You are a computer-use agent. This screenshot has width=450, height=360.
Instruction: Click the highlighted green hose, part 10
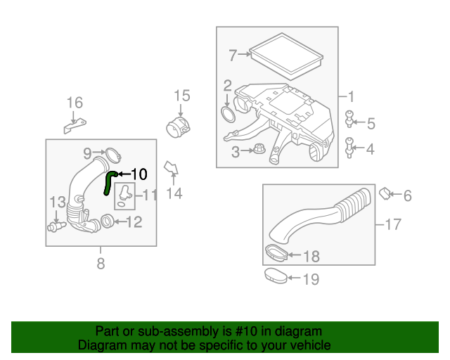pos(108,181)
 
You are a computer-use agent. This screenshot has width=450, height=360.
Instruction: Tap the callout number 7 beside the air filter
pos(233,53)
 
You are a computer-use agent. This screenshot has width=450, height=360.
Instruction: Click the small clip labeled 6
pos(385,192)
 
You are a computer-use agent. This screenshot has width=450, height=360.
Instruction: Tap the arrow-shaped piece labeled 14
pos(171,168)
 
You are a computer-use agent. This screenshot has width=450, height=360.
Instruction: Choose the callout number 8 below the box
pos(100,264)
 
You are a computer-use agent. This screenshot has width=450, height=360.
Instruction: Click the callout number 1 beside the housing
pos(351,96)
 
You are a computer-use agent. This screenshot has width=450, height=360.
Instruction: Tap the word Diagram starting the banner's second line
pos(99,345)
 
